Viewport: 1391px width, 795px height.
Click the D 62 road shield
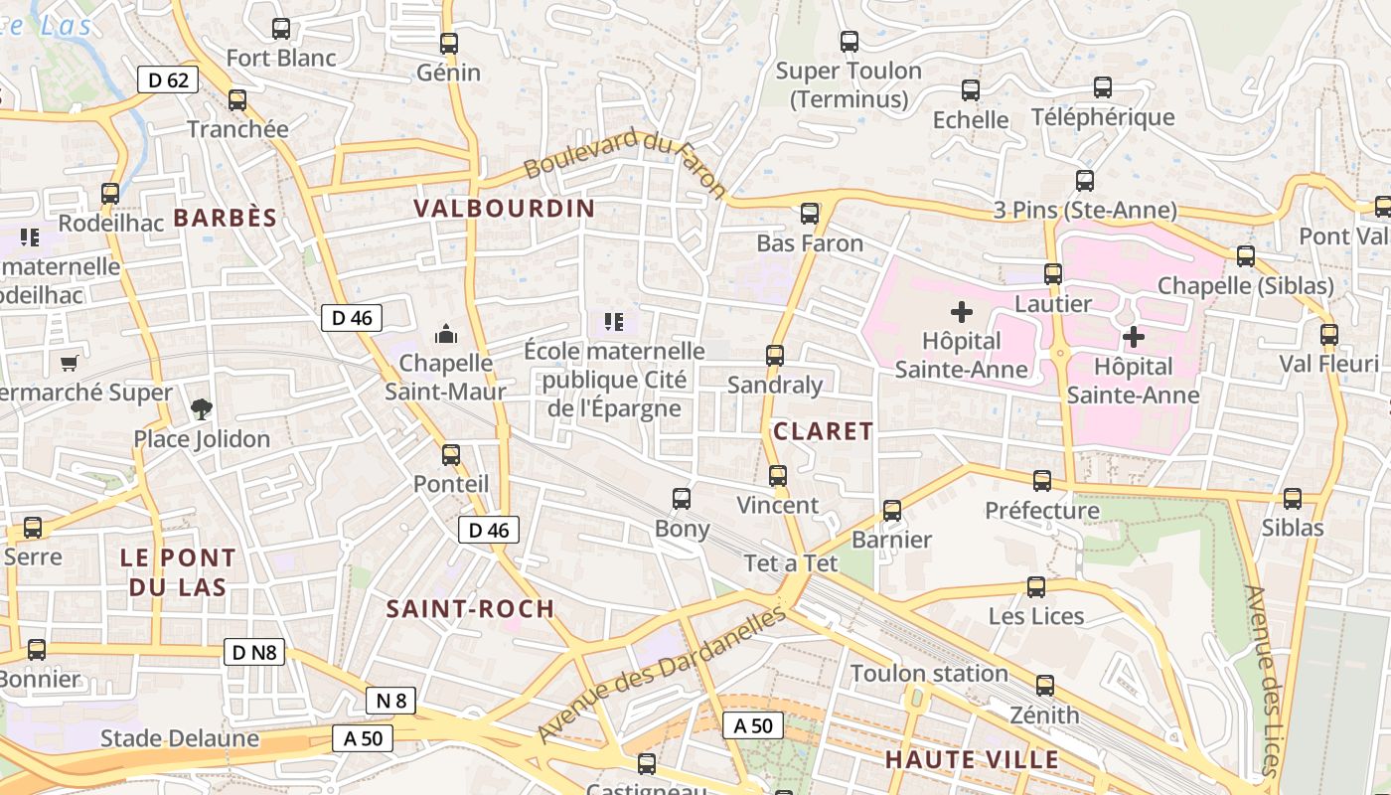(168, 79)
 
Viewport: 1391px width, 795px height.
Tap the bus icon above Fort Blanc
(281, 29)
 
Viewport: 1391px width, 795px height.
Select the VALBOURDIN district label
(504, 209)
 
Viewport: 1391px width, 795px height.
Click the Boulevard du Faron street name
(625, 163)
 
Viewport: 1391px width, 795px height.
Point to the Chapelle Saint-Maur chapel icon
(446, 333)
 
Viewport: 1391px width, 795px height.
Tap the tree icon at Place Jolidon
(202, 408)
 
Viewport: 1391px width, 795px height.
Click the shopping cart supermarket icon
(69, 364)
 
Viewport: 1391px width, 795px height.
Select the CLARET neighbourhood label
(823, 431)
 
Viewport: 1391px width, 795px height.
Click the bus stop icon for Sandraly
(775, 355)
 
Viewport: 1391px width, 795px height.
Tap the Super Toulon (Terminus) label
(849, 84)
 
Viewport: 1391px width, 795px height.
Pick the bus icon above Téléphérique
(1102, 87)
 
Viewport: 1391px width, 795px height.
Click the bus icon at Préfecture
(1042, 481)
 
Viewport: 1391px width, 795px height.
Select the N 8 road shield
(390, 701)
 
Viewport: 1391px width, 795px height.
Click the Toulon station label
(929, 674)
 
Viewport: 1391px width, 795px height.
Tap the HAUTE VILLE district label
(972, 760)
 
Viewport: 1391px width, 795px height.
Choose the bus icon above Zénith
(1044, 686)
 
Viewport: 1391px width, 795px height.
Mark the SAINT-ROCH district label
(470, 609)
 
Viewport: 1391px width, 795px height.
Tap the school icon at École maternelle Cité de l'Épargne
(613, 321)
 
